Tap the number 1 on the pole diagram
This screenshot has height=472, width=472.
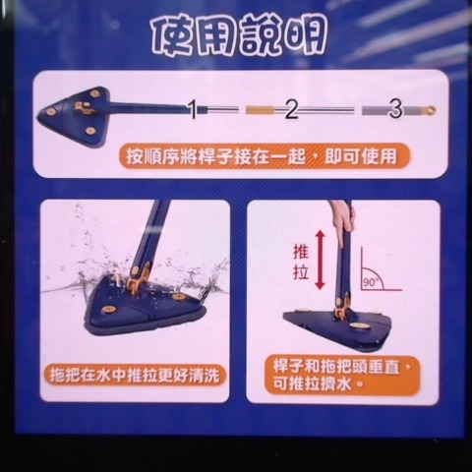194,108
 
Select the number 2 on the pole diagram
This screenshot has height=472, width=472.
291,109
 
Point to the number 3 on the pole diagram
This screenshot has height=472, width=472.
394,109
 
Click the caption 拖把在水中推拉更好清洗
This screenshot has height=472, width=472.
135,375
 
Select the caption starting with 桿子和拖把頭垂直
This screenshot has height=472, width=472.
341,372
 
